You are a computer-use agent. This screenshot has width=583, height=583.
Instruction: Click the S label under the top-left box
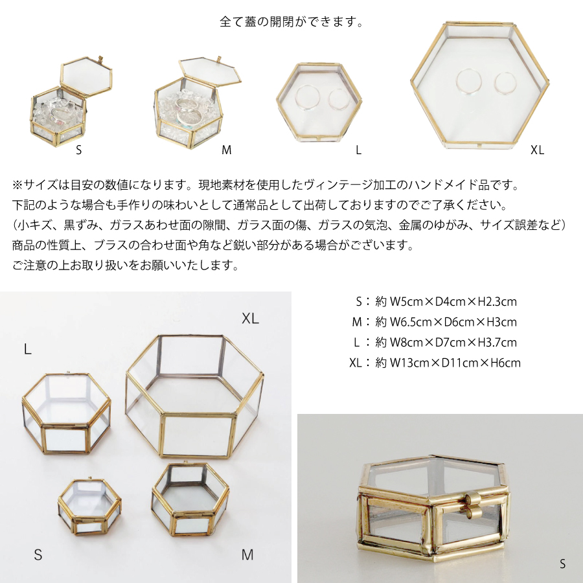[x=78, y=150]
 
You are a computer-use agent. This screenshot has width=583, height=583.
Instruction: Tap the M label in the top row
[x=227, y=150]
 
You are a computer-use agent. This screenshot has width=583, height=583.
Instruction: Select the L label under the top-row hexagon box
[x=358, y=150]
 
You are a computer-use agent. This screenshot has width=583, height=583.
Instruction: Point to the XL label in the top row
[x=537, y=150]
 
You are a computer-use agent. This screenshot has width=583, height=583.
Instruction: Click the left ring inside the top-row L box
[x=307, y=97]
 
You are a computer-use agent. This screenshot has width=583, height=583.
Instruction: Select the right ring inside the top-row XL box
[x=505, y=83]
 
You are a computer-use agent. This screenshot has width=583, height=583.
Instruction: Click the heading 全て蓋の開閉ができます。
[x=291, y=22]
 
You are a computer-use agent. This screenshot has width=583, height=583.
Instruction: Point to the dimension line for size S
[x=436, y=301]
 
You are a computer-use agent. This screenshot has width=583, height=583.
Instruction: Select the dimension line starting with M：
[x=434, y=322]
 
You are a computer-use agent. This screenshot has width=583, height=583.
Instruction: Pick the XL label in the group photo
[x=250, y=319]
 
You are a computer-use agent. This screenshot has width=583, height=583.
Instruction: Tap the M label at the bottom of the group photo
[x=247, y=554]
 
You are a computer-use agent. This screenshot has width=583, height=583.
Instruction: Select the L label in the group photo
[x=27, y=349]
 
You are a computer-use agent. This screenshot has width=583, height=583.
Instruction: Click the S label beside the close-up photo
[x=562, y=564]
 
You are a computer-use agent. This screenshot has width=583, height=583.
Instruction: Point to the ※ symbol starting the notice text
[x=17, y=185]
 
